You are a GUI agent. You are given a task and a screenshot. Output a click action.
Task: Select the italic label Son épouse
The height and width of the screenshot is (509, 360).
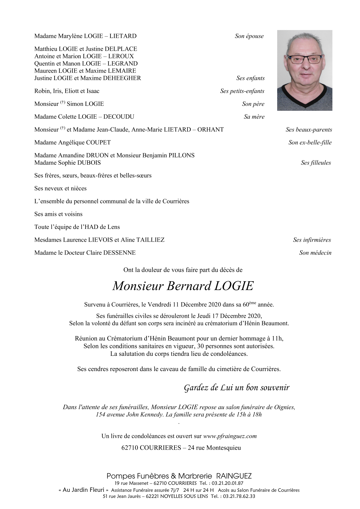click(x=249, y=36)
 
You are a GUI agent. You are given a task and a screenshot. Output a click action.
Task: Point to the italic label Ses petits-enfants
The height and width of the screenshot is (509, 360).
click(x=242, y=91)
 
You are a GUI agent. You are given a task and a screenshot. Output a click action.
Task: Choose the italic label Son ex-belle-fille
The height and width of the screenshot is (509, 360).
click(x=310, y=142)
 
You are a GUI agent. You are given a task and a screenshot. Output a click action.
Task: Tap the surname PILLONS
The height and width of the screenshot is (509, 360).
click(x=182, y=155)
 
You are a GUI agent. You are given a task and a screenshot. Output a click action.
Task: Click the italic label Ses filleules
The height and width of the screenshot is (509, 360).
click(x=316, y=163)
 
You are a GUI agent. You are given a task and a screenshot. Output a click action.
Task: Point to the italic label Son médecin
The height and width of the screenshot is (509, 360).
click(x=315, y=253)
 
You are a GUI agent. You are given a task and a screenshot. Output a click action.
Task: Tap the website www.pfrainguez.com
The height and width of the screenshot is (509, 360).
click(x=230, y=436)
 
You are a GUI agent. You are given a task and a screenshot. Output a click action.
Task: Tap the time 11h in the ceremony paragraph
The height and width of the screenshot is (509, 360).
click(x=277, y=339)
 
